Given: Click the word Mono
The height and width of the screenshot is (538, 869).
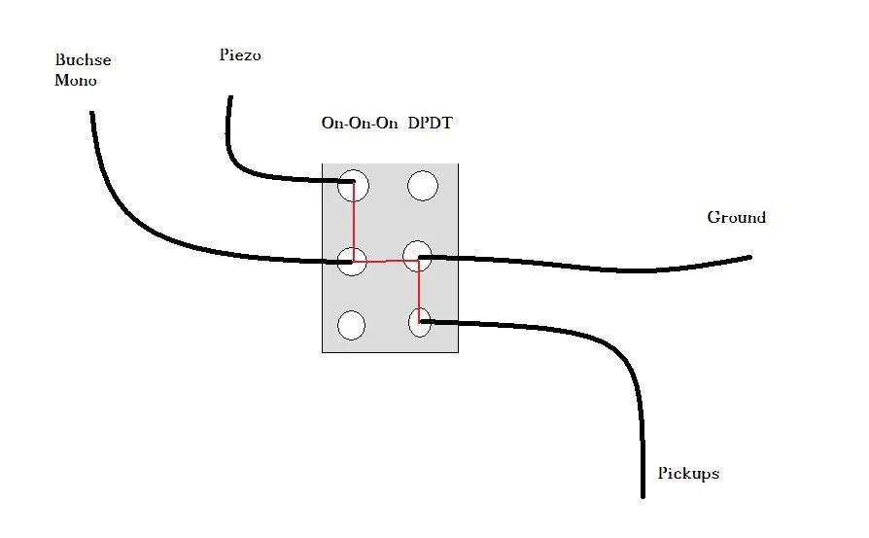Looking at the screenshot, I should pyautogui.click(x=76, y=80).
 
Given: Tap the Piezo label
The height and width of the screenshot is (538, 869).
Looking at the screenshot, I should pyautogui.click(x=240, y=55).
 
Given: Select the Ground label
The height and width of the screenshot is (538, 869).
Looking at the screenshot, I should pyautogui.click(x=736, y=217).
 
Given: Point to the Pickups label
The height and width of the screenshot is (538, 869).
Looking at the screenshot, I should pyautogui.click(x=688, y=474).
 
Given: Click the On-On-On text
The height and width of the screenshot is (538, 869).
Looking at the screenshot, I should pyautogui.click(x=359, y=124).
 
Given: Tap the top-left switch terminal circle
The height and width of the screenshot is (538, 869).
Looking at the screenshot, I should pyautogui.click(x=353, y=186).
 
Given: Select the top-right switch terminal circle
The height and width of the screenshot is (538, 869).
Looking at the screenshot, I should pyautogui.click(x=423, y=185).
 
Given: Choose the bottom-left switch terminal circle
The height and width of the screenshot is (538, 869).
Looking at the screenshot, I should pyautogui.click(x=352, y=325).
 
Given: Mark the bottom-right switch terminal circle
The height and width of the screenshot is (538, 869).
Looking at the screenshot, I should pyautogui.click(x=420, y=322).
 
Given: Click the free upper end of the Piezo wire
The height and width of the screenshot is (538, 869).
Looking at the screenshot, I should pyautogui.click(x=230, y=97).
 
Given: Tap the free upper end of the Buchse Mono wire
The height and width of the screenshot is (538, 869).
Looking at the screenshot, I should pyautogui.click(x=92, y=113).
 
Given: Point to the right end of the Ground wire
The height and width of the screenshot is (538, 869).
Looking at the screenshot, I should pyautogui.click(x=749, y=257).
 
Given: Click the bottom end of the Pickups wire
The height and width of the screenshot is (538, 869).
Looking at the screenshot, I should pyautogui.click(x=643, y=495).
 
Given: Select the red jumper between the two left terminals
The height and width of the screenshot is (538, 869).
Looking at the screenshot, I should pyautogui.click(x=354, y=223).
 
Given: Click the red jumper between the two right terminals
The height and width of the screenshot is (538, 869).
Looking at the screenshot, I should pyautogui.click(x=419, y=290).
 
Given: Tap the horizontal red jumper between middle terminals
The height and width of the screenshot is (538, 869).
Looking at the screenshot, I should pyautogui.click(x=385, y=261).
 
